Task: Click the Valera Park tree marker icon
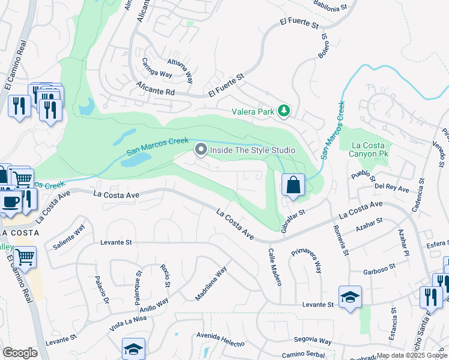[285, 110]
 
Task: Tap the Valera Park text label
[253, 111]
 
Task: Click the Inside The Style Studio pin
[200, 149]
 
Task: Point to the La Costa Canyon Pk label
[372, 149]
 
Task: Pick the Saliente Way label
[69, 238]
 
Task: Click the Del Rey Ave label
[391, 188]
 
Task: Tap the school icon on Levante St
[350, 297]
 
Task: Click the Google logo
[20, 353]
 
